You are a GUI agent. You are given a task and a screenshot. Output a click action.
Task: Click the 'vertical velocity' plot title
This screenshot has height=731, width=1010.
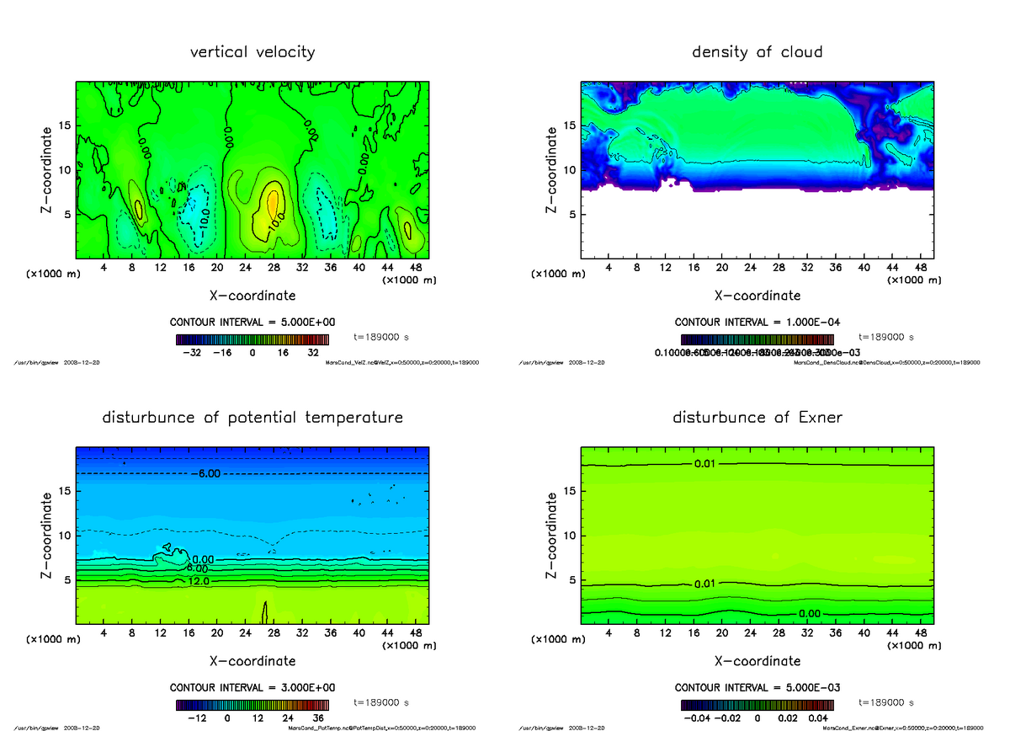pyautogui.click(x=252, y=52)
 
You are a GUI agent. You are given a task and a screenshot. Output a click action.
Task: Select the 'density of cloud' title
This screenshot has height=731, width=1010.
pyautogui.click(x=757, y=52)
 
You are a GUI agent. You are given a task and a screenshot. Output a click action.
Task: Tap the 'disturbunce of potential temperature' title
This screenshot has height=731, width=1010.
pyautogui.click(x=252, y=418)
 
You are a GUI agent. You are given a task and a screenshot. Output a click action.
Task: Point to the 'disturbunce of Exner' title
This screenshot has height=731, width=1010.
pyautogui.click(x=757, y=418)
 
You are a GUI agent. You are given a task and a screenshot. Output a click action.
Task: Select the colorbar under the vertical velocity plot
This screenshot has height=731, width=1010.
pyautogui.click(x=252, y=340)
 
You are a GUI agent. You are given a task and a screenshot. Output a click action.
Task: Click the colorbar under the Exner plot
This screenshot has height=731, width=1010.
pyautogui.click(x=757, y=704)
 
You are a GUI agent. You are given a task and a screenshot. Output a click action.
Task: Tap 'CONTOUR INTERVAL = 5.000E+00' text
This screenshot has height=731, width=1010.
pyautogui.click(x=252, y=323)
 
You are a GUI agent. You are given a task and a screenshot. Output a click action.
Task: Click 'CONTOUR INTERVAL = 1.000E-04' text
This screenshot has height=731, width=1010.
pyautogui.click(x=757, y=323)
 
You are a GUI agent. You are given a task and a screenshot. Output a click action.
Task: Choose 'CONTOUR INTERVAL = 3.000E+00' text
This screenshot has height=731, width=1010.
pyautogui.click(x=252, y=687)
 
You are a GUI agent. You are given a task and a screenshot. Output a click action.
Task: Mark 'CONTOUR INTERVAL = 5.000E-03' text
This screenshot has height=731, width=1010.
pyautogui.click(x=757, y=687)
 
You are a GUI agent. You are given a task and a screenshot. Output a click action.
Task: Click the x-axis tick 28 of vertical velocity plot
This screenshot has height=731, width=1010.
pyautogui.click(x=274, y=269)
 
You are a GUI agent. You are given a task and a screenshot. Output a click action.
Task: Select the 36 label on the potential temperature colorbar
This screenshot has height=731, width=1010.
pyautogui.click(x=318, y=718)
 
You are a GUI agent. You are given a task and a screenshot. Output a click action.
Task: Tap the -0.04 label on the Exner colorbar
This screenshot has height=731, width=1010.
pyautogui.click(x=695, y=718)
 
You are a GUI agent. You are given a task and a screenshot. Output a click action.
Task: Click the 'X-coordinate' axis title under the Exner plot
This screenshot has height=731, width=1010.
pyautogui.click(x=757, y=661)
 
